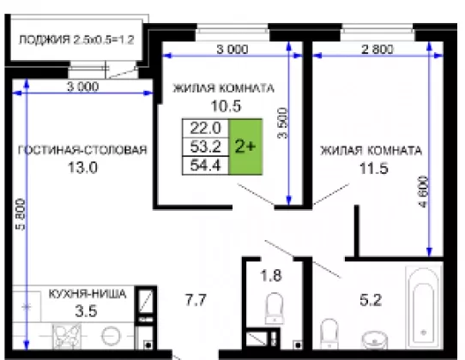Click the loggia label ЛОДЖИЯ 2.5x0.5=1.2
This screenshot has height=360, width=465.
point(76,39)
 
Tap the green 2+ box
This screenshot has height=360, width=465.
point(245,147)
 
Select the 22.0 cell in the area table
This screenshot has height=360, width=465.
point(206,129)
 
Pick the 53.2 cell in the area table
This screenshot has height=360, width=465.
point(206,147)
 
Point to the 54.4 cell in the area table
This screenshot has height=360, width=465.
point(206,165)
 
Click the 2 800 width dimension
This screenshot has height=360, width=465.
point(377,49)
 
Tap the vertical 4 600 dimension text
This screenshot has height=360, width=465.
point(423,192)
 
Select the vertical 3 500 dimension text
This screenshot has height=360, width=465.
point(283,123)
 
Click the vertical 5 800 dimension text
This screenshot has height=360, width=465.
point(21,214)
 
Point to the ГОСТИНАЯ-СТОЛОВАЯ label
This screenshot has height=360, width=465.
point(82,150)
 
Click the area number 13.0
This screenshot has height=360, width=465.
point(82,167)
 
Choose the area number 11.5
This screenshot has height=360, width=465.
point(374,168)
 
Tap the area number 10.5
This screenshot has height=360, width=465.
point(226,106)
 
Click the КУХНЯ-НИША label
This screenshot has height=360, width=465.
point(88,294)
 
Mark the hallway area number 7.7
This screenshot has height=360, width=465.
point(196,299)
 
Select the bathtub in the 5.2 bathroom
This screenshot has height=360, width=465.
point(424,307)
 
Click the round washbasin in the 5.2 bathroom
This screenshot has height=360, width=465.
point(374,341)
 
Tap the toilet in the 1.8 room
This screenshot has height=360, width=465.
point(275,309)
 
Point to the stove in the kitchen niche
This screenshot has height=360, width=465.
point(66,336)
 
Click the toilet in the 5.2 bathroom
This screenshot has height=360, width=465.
point(329,333)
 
